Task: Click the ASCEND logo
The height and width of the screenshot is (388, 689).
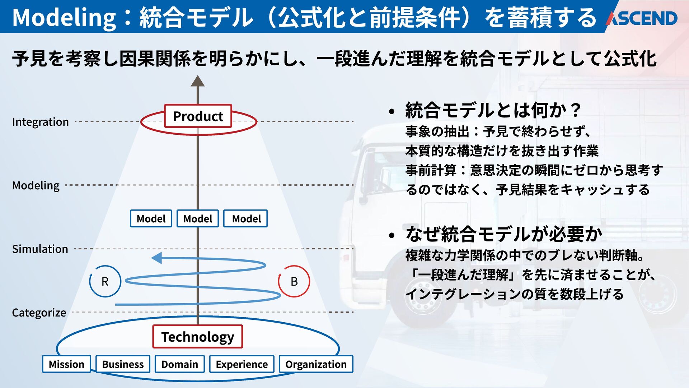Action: click(x=642, y=18)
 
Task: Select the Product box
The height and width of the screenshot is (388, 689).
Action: click(x=198, y=116)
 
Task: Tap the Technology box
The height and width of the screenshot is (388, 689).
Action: click(x=198, y=337)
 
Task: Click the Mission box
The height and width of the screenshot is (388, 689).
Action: click(x=66, y=364)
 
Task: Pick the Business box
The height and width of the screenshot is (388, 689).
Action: click(x=123, y=364)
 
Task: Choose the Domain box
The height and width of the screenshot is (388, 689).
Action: click(x=179, y=364)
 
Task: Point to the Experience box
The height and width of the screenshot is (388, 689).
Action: click(x=242, y=364)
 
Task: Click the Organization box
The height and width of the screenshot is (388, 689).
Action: click(x=316, y=364)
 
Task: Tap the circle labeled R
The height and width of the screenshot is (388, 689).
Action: click(x=105, y=281)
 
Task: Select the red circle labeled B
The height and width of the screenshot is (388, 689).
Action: click(x=294, y=281)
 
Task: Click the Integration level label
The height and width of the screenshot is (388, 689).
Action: click(x=40, y=122)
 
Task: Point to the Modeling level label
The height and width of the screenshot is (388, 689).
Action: click(x=36, y=185)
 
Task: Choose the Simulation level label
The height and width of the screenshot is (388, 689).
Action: click(x=40, y=249)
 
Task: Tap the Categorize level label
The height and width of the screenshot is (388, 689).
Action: click(x=39, y=313)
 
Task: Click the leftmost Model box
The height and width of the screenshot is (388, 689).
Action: click(x=151, y=218)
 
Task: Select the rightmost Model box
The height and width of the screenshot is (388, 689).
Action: click(x=246, y=218)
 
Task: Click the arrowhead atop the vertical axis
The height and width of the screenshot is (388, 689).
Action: click(x=197, y=81)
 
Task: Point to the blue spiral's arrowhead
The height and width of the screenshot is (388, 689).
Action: click(x=156, y=258)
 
